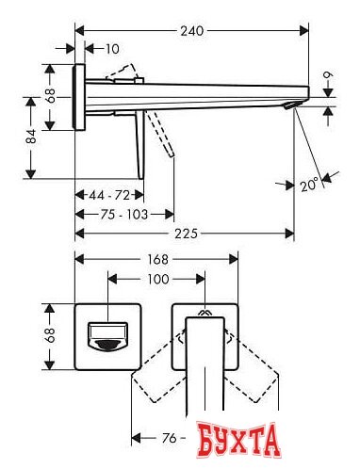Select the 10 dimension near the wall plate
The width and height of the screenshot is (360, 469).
tap(112, 47)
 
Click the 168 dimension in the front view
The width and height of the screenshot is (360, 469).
tap(157, 259)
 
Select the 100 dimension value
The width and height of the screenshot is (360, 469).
tap(157, 280)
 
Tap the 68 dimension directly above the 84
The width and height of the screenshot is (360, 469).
tap(51, 94)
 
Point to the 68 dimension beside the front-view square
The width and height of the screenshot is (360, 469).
tap(51, 332)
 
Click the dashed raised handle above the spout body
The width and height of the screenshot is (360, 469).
tap(126, 74)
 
